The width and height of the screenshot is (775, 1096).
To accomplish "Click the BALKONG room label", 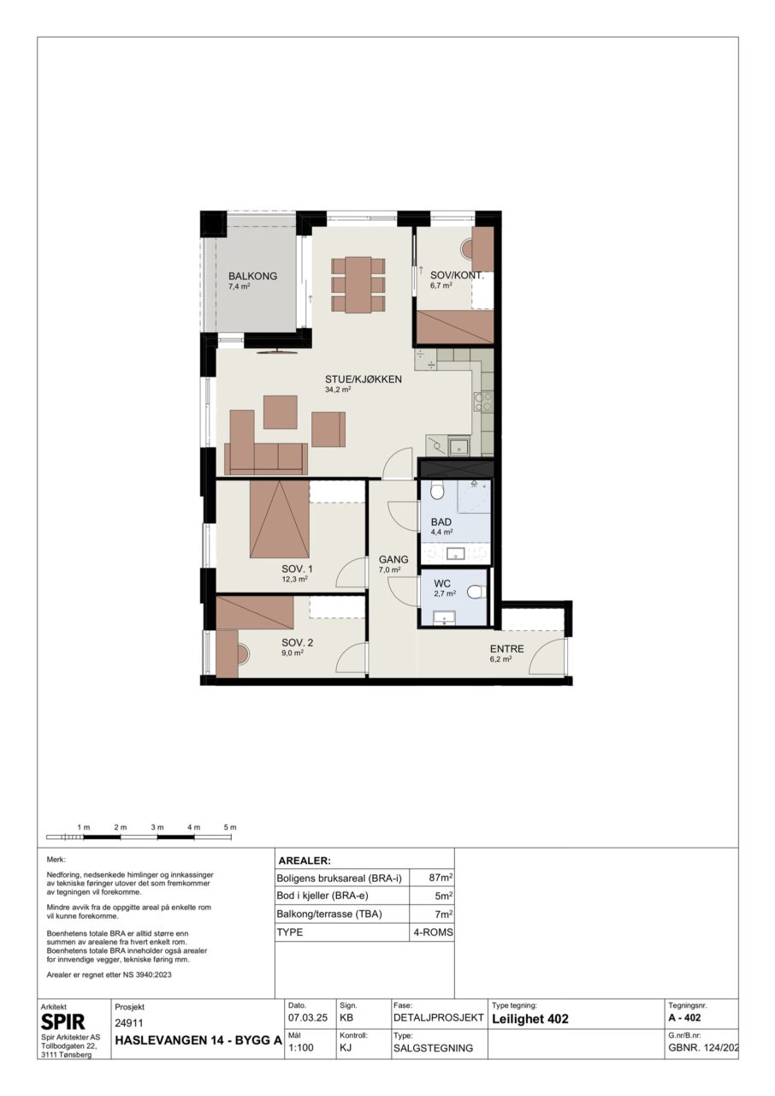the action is coord(252,276).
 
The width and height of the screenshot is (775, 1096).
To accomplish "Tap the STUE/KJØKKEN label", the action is coord(364,379).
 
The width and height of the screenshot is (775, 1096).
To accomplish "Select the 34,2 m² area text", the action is coord(338,390).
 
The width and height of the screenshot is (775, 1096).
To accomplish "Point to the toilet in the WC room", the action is coord(474,593).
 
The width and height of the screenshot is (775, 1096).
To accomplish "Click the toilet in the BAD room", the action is coord(437,491).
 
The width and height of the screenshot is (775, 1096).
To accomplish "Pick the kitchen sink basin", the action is coord(458,446).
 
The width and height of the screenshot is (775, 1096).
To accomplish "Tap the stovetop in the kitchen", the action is coord(482,402).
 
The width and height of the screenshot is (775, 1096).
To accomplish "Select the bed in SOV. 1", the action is coord(280,519).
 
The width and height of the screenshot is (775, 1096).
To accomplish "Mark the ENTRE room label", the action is coord(506,649).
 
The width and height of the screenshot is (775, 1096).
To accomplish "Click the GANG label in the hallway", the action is coord(393,559).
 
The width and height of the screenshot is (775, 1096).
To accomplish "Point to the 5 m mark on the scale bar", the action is coord(230,827).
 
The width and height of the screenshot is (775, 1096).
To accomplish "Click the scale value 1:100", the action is coord(301,1047).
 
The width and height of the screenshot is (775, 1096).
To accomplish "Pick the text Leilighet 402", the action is coord(530,1019).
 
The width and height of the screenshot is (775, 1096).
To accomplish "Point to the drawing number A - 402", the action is coord(684,1018).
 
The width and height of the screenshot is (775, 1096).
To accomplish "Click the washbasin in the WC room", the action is coord(444,618).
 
